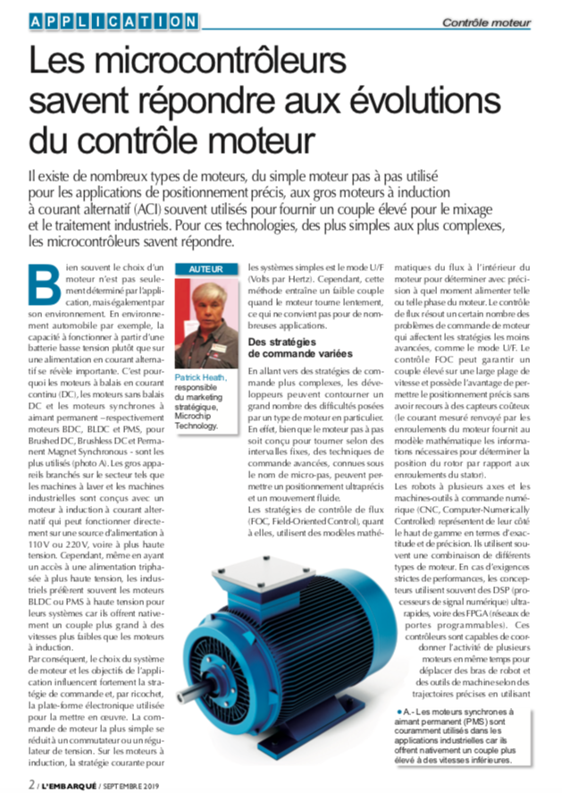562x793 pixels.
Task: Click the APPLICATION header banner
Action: (112, 20)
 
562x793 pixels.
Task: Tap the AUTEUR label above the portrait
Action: (211, 268)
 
